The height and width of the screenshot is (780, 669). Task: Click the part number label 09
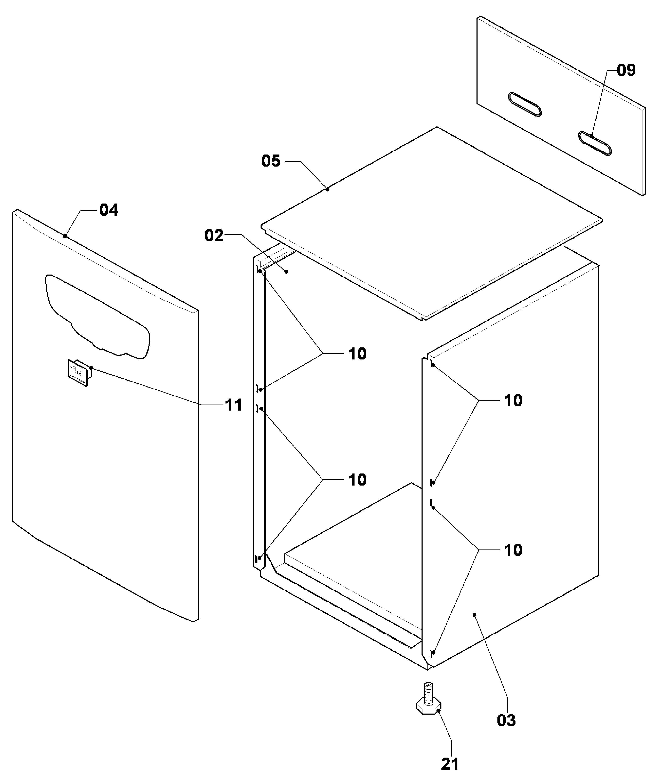tap(626, 70)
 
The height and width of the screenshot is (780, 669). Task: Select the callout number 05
tap(271, 161)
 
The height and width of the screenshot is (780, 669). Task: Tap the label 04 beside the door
tap(109, 210)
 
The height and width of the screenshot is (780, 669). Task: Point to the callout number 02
tap(214, 236)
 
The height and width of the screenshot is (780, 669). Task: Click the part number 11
tap(233, 405)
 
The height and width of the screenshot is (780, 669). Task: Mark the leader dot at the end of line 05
tap(328, 189)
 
